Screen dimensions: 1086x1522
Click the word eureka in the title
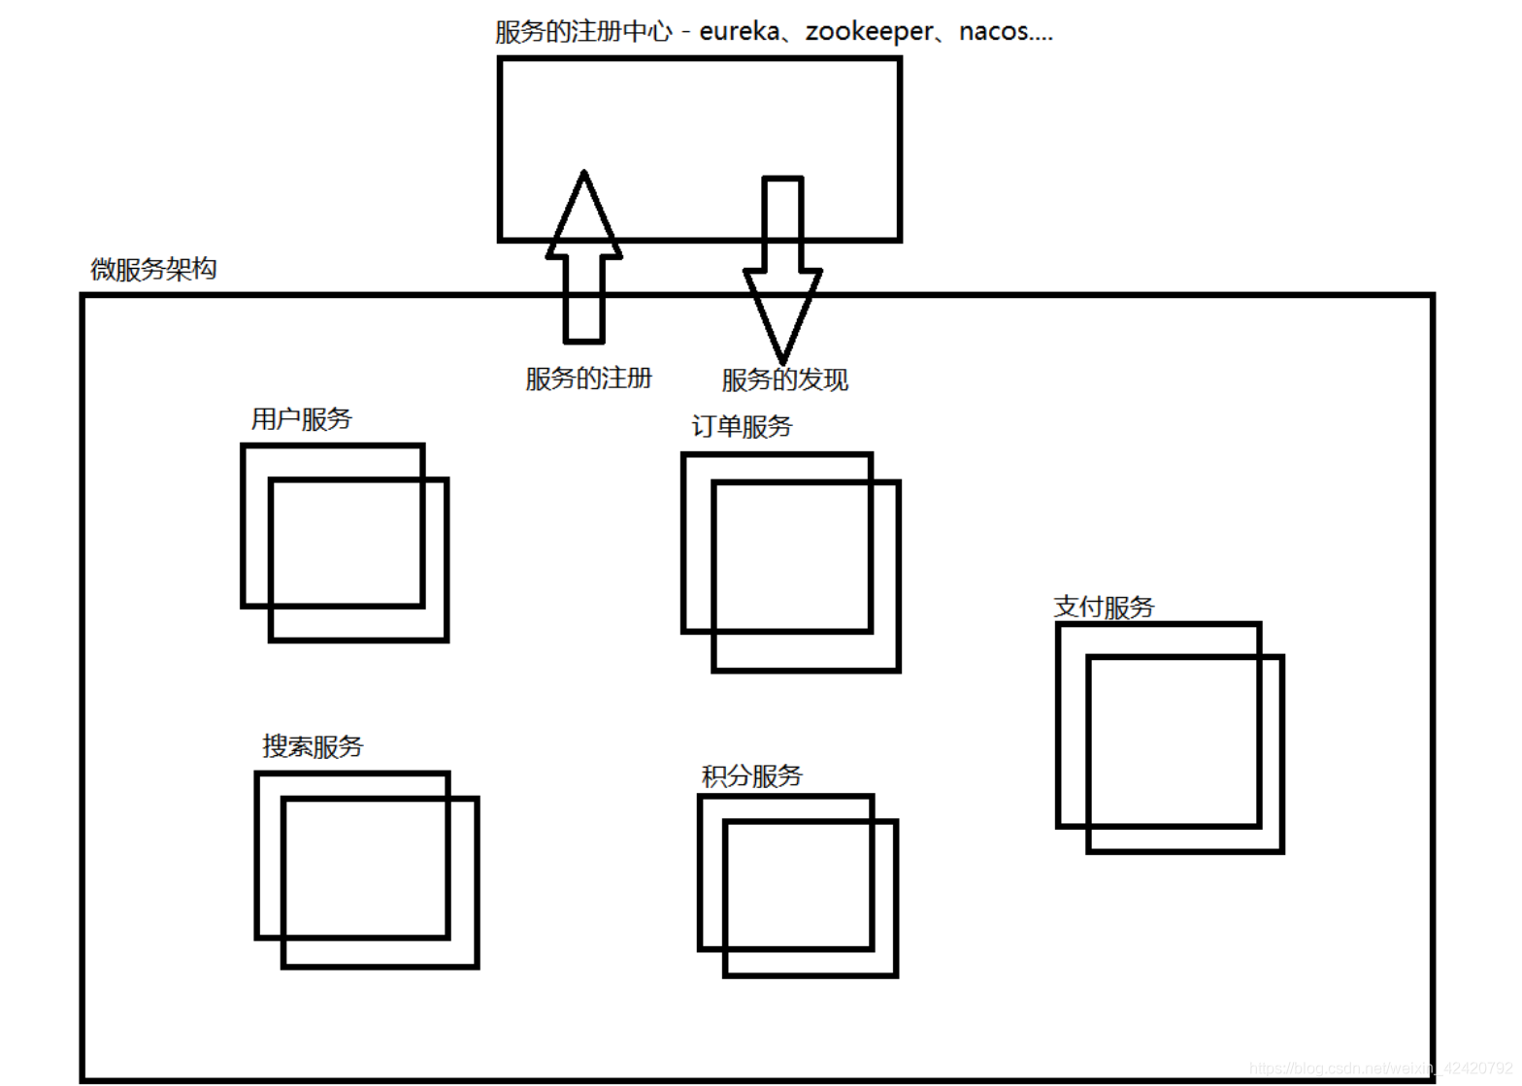739,32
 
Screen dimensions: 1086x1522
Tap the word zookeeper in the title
869,32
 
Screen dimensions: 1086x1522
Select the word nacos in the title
993,32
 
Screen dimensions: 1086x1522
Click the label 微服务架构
153,269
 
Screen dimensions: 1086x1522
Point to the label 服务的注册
588,378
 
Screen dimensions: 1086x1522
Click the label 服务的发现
784,379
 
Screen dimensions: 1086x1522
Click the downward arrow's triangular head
782,311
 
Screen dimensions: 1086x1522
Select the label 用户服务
301,419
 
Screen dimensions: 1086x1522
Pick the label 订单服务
742,426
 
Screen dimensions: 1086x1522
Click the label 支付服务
1104,607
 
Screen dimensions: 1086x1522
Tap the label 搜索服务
312,746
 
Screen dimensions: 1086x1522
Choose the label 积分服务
751,776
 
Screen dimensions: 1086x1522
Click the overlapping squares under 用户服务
346,543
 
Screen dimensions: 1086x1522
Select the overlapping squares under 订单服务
791,562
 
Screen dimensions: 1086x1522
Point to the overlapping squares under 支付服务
1170,738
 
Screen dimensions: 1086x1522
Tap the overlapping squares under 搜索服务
367,870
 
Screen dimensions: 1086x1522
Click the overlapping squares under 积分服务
798,885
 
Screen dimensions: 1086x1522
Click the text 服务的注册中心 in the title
582,32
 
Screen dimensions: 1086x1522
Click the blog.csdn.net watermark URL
1379,1069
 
